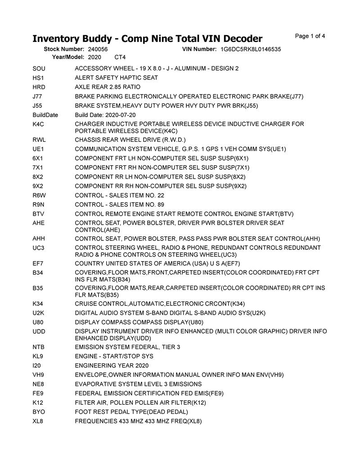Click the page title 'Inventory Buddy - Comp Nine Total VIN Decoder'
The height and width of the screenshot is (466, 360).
147,38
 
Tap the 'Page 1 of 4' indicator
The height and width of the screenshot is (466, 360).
310,36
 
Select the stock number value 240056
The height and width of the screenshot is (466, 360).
98,49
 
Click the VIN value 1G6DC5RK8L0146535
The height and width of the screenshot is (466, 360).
251,49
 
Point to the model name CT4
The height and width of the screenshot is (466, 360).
120,57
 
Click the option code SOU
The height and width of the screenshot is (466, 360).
39,68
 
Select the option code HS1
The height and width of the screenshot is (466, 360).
39,78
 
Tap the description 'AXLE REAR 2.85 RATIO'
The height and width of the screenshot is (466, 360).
108,87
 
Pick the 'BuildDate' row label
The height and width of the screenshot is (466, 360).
45,115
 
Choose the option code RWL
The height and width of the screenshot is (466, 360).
40,140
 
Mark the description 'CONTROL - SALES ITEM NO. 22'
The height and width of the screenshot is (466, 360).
120,195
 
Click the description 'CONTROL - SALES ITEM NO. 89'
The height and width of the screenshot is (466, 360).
120,205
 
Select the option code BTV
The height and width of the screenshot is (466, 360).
39,214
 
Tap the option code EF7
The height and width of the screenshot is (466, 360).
38,263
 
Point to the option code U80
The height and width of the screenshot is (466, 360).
39,322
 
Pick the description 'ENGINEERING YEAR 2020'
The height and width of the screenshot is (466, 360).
112,366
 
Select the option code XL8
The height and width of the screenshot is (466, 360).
38,421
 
